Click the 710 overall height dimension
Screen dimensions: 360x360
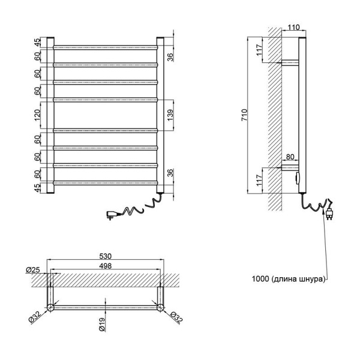[x=244, y=115]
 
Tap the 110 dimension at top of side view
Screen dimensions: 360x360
[x=293, y=28]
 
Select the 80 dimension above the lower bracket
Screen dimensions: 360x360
[x=290, y=157]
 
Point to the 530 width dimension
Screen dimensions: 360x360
[x=106, y=256]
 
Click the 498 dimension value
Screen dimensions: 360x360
[x=106, y=266]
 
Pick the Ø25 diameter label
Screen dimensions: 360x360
[x=33, y=270]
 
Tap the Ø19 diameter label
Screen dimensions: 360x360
[x=102, y=325]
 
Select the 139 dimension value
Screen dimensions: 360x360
[x=170, y=115]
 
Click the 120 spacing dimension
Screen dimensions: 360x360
[x=37, y=115]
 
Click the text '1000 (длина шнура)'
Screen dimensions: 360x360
[x=289, y=279]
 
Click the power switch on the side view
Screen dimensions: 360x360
[x=298, y=178]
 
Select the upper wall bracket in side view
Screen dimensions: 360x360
[x=290, y=63]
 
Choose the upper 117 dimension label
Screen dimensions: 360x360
[x=259, y=50]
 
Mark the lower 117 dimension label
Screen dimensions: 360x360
[x=259, y=180]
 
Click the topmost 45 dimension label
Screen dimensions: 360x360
[x=37, y=43]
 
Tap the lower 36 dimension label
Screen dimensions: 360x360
[x=170, y=173]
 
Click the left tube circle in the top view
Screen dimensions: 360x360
[x=50, y=307]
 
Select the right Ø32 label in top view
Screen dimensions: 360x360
[x=176, y=317]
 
